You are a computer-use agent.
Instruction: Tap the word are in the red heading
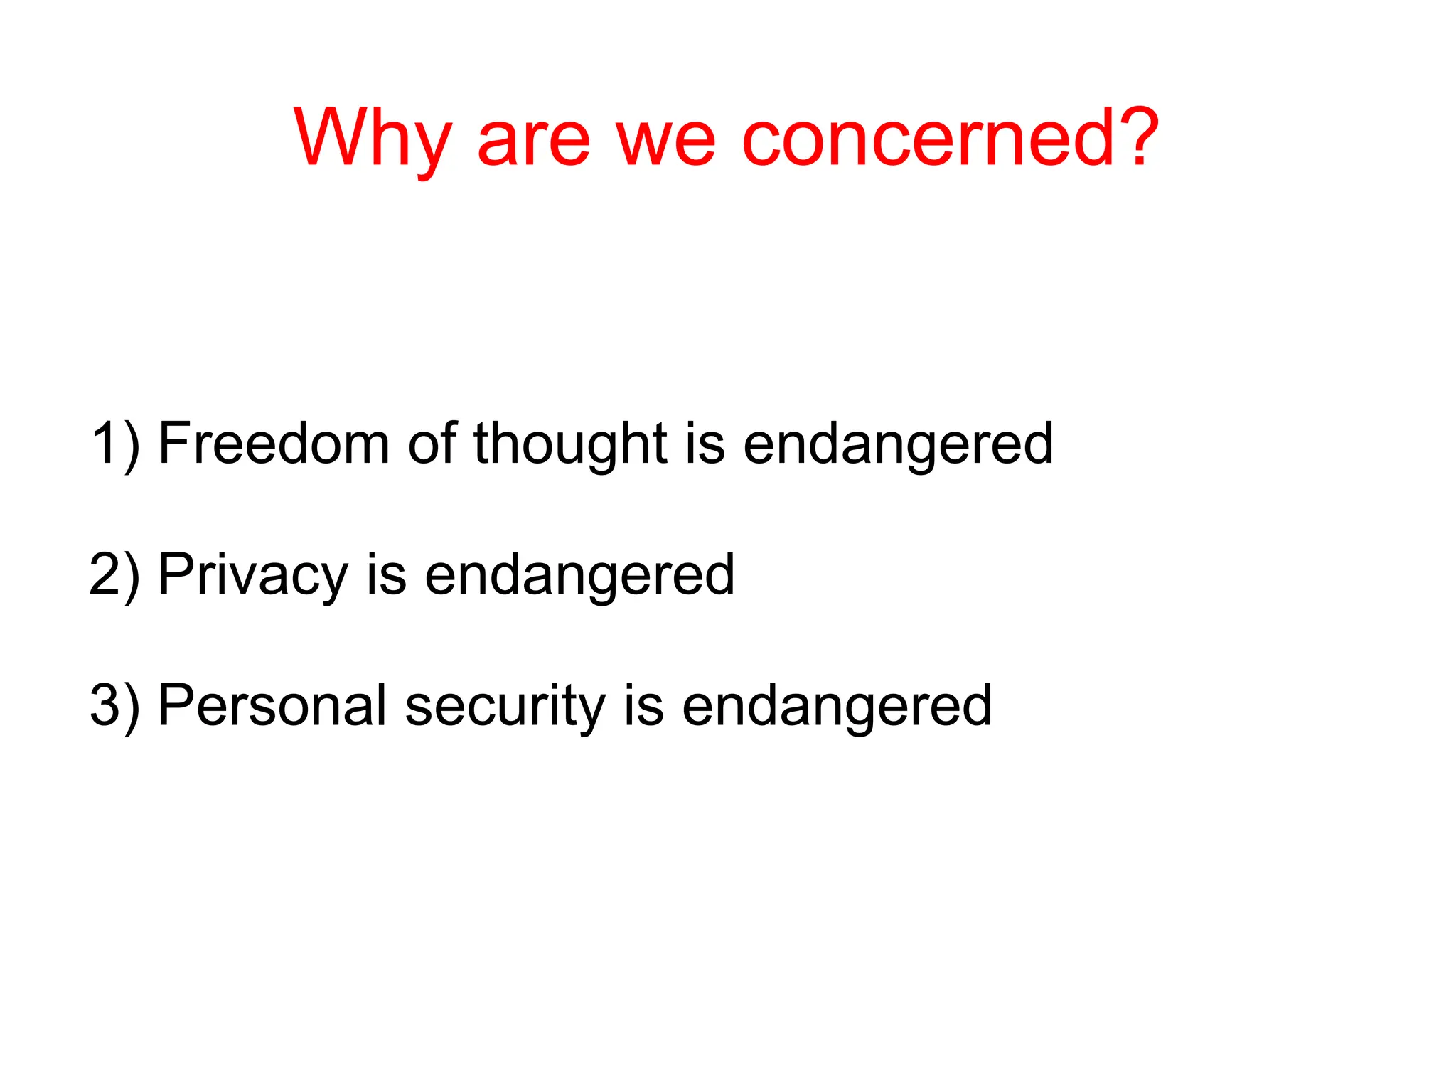532,140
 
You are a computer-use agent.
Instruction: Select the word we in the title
665,140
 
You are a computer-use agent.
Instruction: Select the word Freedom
274,444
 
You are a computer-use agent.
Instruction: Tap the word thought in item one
570,444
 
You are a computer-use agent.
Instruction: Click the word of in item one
431,444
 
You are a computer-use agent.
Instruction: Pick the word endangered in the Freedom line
898,445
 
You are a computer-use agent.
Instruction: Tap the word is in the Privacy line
386,574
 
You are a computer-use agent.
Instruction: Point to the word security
505,707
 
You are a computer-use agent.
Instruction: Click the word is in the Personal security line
643,705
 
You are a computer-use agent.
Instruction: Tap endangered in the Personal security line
837,707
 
